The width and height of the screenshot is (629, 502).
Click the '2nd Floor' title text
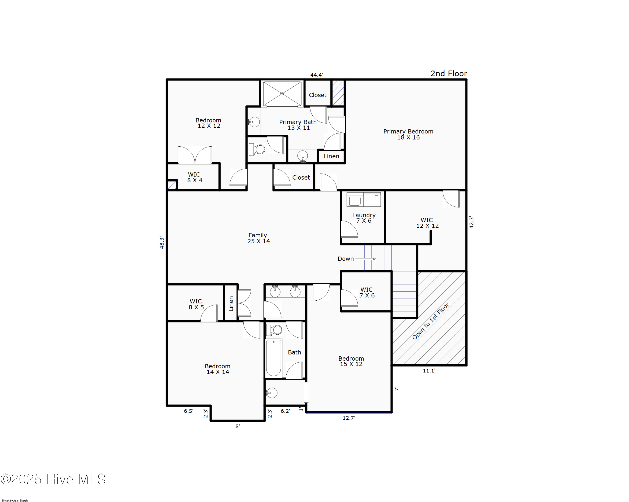point(448,74)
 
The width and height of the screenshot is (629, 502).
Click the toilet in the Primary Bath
point(257,149)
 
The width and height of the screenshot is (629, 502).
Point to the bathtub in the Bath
point(273,358)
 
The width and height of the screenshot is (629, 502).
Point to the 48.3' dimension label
point(162,243)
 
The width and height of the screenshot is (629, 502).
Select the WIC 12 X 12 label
point(427,223)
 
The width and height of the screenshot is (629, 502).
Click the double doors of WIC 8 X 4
point(195,155)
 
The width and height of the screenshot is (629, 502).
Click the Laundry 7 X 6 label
point(364,218)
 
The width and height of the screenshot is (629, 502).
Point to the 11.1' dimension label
point(429,371)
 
